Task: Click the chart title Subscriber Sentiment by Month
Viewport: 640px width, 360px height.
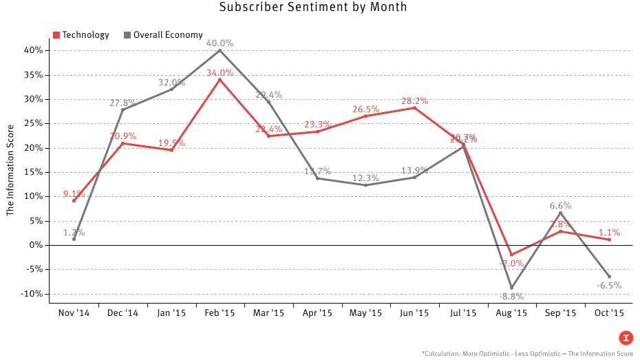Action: click(x=313, y=8)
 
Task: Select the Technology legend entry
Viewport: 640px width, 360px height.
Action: click(x=81, y=35)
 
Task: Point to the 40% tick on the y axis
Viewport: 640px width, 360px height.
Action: click(x=34, y=50)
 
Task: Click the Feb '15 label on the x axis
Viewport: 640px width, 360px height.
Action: click(x=220, y=313)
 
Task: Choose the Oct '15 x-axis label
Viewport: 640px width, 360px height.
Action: click(x=609, y=313)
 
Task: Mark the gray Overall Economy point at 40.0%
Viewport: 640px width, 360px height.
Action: click(x=220, y=50)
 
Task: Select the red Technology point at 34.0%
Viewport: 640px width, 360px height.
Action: click(x=220, y=80)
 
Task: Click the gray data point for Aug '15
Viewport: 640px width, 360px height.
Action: click(x=511, y=288)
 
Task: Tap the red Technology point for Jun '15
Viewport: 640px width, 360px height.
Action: click(x=414, y=108)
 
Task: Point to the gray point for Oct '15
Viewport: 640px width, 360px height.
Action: click(x=609, y=277)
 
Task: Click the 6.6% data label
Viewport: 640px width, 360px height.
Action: click(x=560, y=205)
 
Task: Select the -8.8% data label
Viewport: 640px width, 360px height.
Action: click(x=511, y=297)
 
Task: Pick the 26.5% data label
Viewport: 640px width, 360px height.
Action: click(x=365, y=109)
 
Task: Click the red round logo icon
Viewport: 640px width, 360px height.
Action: click(x=626, y=337)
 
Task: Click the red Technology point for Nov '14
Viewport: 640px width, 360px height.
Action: click(x=74, y=200)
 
